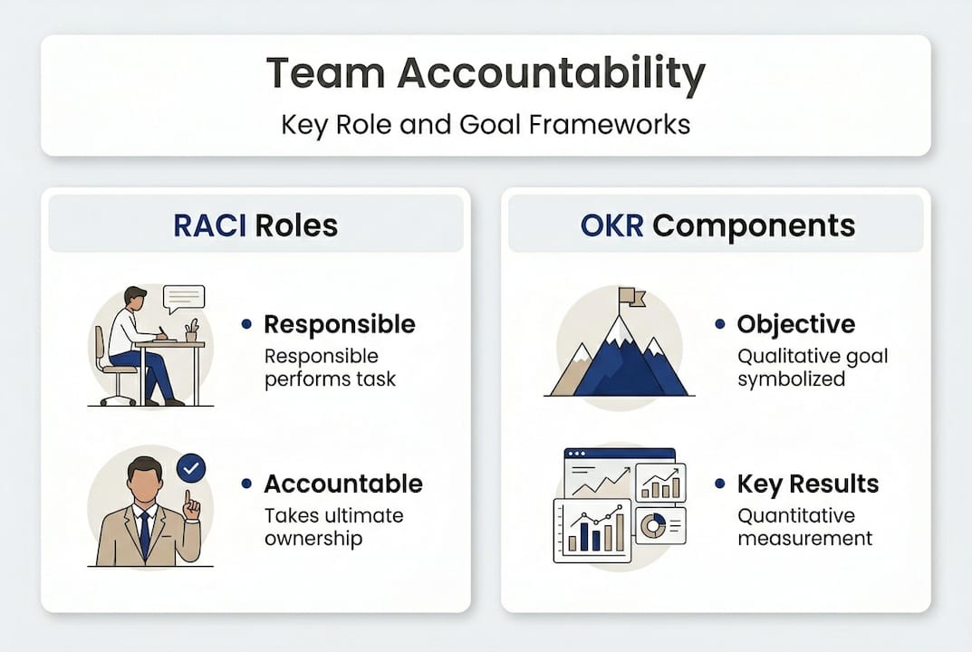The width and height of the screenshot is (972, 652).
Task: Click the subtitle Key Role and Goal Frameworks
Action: [486, 125]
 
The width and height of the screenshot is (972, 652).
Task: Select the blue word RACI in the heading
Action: [209, 225]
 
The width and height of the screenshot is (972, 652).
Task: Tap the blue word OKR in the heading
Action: [611, 225]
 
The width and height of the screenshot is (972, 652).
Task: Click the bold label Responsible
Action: [340, 325]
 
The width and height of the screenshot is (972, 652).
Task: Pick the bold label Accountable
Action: [343, 484]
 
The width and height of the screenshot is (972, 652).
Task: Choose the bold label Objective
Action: [796, 325]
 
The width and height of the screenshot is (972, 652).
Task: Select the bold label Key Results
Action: [808, 484]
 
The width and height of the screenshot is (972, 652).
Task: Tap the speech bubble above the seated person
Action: [184, 299]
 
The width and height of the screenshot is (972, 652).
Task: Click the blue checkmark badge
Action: [191, 468]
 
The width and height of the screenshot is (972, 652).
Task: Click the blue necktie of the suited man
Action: [145, 534]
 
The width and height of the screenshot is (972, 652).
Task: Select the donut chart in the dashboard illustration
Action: [651, 526]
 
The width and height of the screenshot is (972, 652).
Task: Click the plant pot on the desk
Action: [191, 336]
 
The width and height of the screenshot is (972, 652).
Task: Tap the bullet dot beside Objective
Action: [719, 323]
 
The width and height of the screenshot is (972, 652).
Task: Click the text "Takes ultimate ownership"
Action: [334, 527]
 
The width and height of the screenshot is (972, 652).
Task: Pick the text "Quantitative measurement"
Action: [804, 527]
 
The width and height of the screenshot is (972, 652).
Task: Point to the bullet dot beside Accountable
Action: [246, 484]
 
